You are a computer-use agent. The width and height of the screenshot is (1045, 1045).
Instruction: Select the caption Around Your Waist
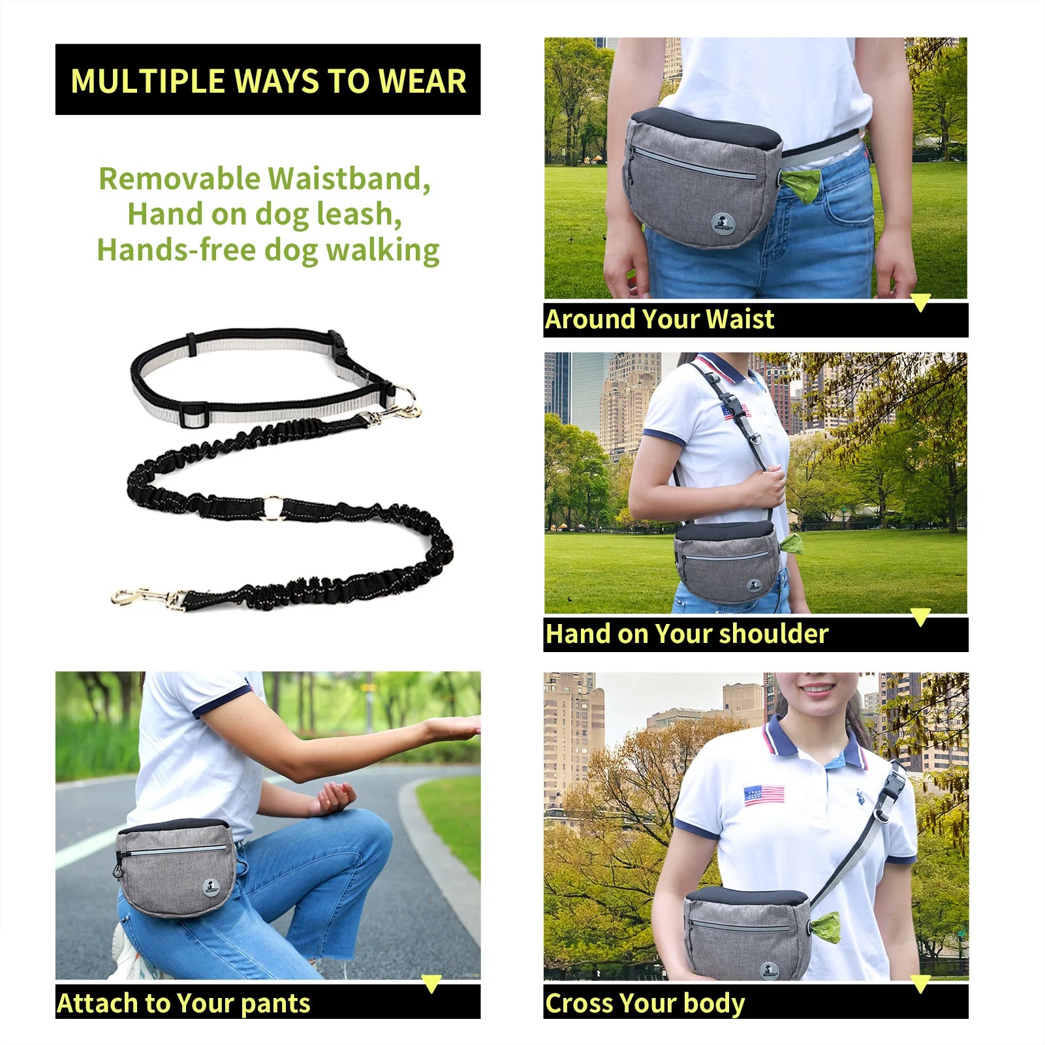click(659, 320)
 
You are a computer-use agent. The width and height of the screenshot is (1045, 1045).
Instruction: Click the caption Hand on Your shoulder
click(687, 634)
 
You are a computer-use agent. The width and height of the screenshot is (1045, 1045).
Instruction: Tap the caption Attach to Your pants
click(183, 1003)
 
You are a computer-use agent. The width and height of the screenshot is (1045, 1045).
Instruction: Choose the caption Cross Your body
click(645, 1003)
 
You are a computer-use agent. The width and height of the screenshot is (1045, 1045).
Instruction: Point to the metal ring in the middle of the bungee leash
click(273, 508)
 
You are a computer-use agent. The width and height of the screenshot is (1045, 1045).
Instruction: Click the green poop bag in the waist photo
click(801, 186)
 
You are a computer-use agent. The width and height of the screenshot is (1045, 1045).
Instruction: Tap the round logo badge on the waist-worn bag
click(723, 223)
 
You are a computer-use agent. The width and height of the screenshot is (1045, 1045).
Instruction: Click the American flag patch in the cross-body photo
click(764, 794)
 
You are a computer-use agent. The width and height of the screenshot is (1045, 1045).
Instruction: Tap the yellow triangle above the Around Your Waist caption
click(920, 302)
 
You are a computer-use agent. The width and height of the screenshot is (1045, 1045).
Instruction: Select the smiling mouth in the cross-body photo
click(817, 689)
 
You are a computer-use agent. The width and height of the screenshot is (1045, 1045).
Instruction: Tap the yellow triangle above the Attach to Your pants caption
click(431, 983)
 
